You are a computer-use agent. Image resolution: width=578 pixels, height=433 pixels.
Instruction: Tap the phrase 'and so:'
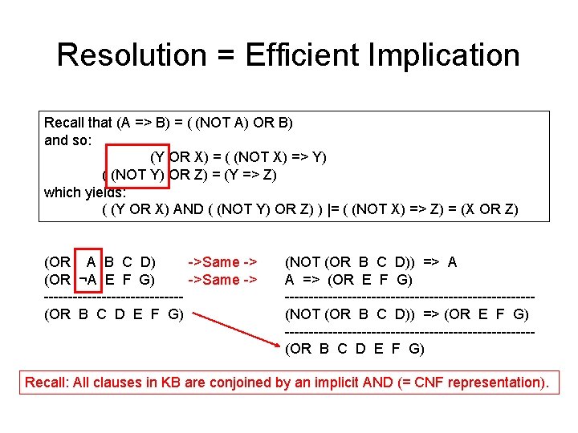tap(68, 140)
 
